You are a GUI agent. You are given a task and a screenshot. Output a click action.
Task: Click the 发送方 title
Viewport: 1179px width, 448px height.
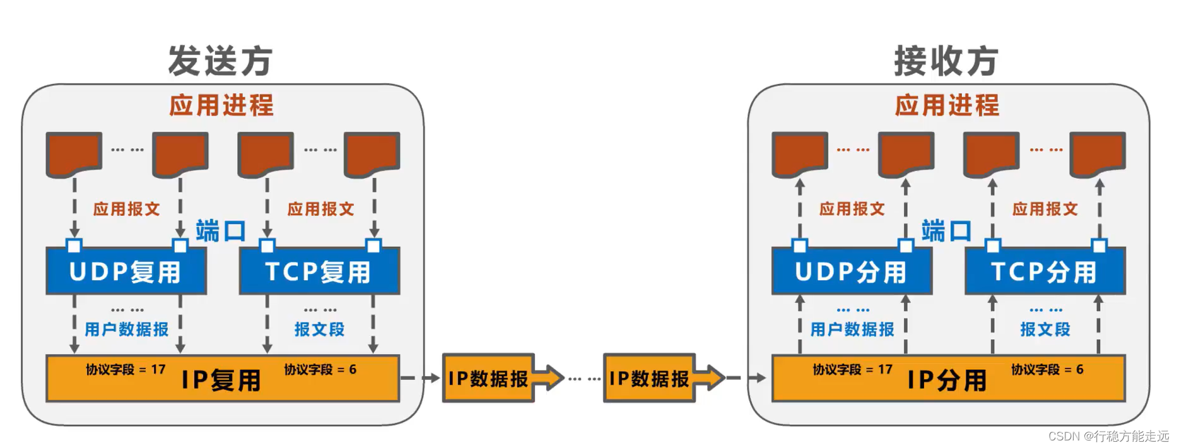coord(220,61)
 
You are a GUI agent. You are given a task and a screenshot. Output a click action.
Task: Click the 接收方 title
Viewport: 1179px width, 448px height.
coord(946,61)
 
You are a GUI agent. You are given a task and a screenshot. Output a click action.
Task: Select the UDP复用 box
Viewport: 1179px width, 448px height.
coord(126,272)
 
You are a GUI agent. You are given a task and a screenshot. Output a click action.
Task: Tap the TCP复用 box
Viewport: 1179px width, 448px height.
coord(319,272)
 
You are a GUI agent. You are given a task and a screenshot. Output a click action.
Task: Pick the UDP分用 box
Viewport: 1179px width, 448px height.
coord(852,272)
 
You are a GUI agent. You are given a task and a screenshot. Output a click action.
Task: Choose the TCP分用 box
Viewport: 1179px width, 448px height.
coord(1045,272)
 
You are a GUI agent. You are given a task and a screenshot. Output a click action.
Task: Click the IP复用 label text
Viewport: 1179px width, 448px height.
coord(221,380)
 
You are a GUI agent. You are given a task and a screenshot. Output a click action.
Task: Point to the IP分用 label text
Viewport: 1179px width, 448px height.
coord(947,380)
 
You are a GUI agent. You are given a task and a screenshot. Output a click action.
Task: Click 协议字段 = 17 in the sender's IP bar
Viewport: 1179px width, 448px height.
coord(126,369)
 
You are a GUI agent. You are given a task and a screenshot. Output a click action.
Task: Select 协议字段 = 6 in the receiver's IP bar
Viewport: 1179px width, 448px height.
coord(1047,369)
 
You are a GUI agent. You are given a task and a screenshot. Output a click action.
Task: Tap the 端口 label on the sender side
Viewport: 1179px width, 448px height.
coord(221,231)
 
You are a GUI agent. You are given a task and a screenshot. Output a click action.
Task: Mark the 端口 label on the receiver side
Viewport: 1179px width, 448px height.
coord(946,231)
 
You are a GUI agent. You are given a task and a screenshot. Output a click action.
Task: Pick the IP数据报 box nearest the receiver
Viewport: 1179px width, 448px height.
coord(650,378)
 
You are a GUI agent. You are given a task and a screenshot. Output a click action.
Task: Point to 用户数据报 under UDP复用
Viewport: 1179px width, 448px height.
coord(127,329)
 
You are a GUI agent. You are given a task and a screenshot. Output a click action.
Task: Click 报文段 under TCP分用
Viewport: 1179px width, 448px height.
coord(1045,329)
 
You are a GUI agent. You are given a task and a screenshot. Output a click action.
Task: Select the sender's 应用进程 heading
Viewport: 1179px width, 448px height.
coord(221,105)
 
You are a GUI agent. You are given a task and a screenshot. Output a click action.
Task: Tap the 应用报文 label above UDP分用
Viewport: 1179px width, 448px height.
coord(852,209)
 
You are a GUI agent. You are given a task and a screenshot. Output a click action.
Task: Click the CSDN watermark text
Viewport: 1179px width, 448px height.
coord(1108,436)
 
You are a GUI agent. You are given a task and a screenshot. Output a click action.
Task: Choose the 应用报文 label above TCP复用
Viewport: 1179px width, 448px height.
coord(320,209)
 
